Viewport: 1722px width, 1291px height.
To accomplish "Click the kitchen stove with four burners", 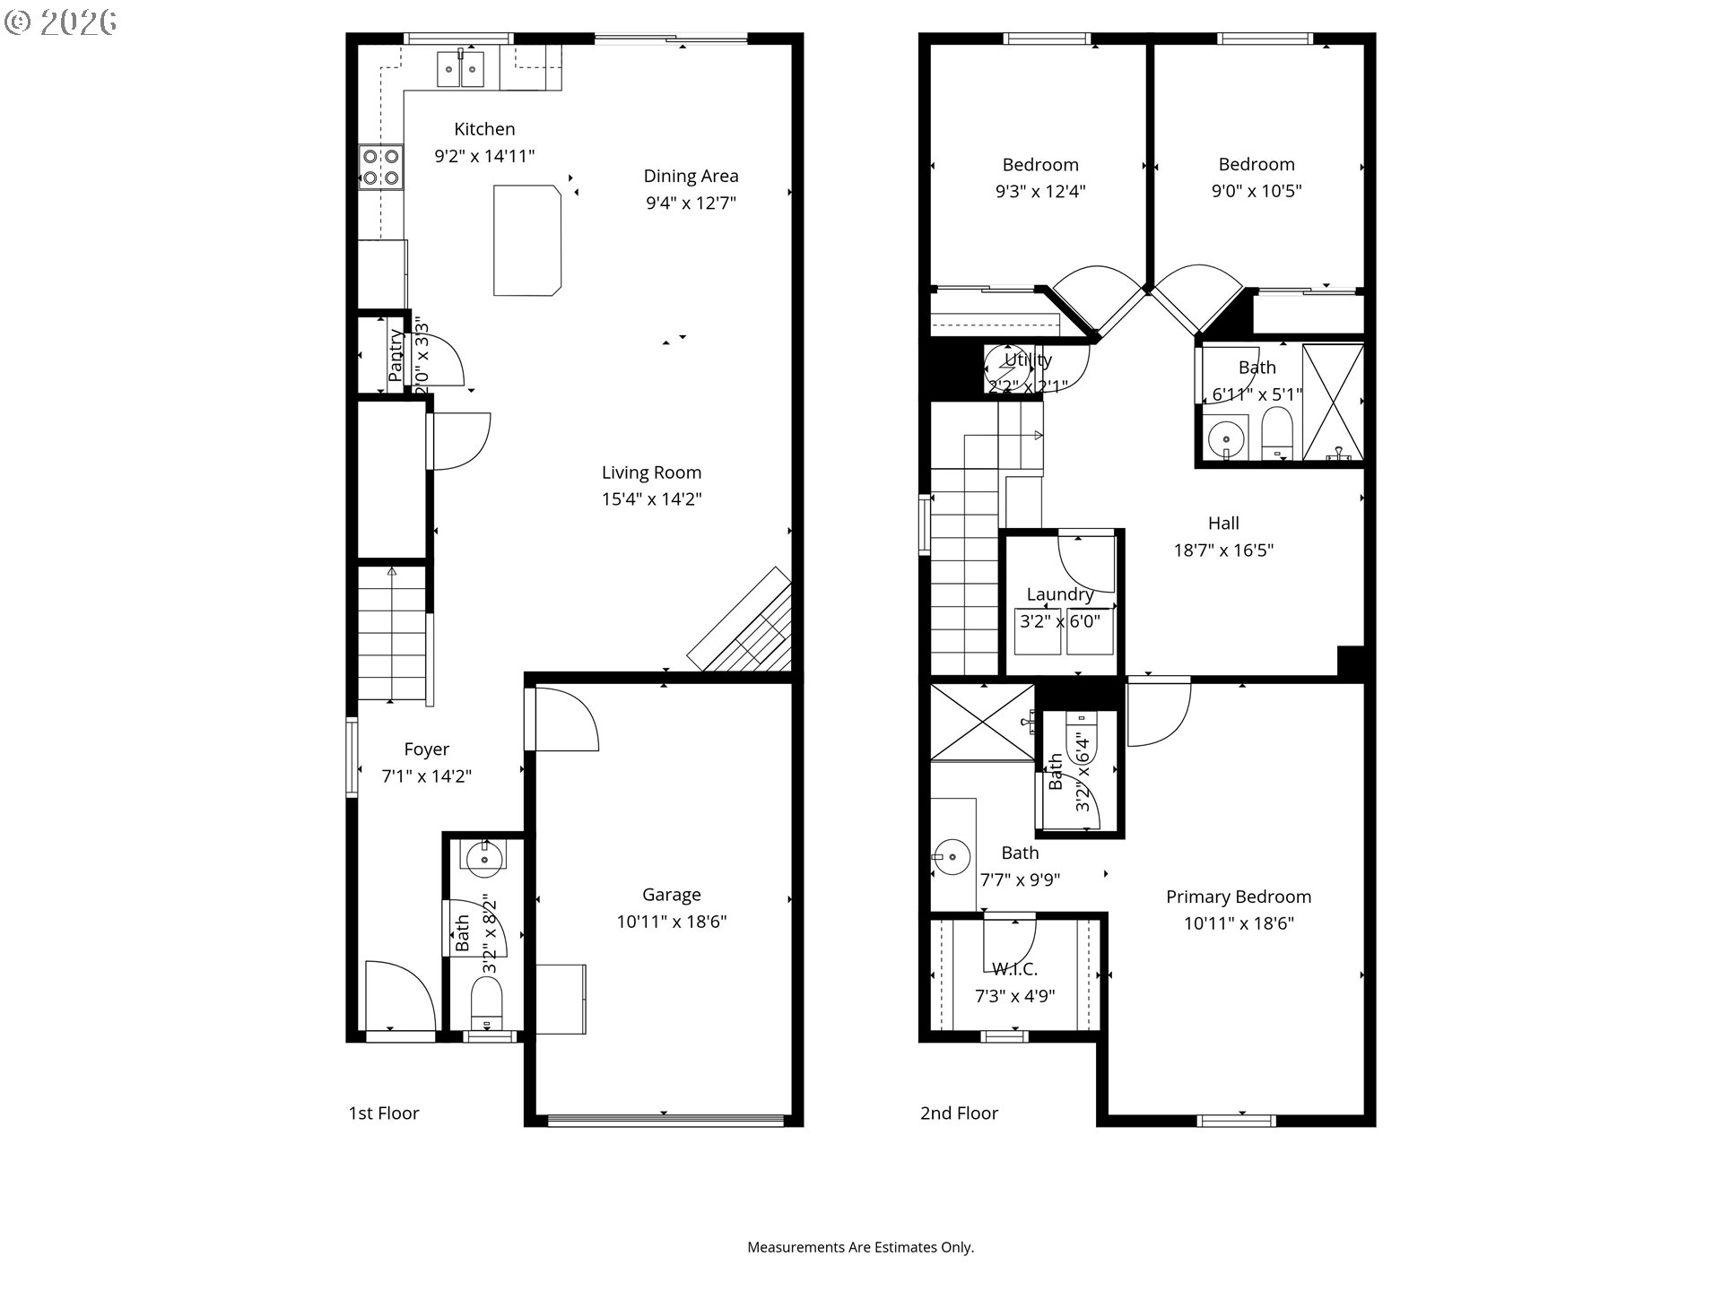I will (x=381, y=168).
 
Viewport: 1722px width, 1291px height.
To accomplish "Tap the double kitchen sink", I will (x=461, y=69).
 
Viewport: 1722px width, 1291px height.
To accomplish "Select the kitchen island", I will (x=527, y=240).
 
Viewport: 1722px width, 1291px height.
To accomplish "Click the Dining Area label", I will (x=691, y=176).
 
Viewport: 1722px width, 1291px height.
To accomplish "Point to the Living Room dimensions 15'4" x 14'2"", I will (x=651, y=499).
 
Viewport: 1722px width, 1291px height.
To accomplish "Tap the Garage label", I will (x=671, y=894).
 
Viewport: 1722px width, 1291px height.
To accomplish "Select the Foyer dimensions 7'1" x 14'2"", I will (x=426, y=776).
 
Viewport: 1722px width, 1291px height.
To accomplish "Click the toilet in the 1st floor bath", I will (x=487, y=1004).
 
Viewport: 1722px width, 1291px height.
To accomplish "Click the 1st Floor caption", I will (x=384, y=1113).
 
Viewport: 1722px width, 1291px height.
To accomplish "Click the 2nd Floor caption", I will (x=959, y=1113).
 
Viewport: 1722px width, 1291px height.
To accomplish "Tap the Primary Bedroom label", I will (x=1238, y=897).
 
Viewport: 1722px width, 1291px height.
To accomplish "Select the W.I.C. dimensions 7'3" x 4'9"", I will (x=1014, y=996).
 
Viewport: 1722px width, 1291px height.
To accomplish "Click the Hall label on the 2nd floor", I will (x=1223, y=524).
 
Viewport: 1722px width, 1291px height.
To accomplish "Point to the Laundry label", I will (x=1059, y=594).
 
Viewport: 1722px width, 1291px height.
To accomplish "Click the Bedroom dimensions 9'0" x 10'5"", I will (x=1256, y=191).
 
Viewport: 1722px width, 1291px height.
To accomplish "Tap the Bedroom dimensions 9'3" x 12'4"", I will (x=1040, y=191).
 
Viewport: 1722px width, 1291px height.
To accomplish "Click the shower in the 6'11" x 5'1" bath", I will (x=1332, y=403).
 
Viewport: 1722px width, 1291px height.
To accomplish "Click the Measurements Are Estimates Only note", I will (x=860, y=1247).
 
